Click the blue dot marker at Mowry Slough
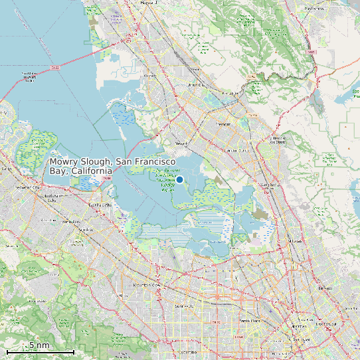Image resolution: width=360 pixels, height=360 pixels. [x=179, y=179]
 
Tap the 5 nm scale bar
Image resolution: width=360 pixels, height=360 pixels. [x=40, y=350]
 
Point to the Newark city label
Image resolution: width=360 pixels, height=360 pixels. [x=181, y=142]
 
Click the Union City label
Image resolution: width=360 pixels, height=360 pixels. [x=195, y=85]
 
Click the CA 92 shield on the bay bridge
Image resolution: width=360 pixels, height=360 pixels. [x=56, y=67]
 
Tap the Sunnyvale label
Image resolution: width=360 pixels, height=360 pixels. [x=183, y=306]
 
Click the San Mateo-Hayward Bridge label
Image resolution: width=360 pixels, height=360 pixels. [x=29, y=76]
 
